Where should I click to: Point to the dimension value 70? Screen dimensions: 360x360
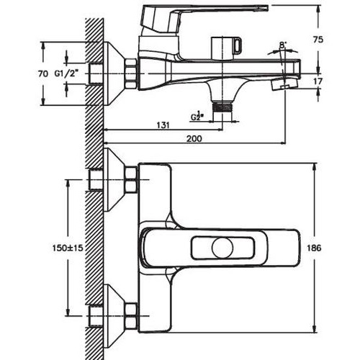click(x=43, y=73)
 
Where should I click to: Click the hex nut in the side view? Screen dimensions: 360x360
click(x=130, y=72)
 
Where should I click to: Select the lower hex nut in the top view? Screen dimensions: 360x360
click(x=130, y=315)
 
